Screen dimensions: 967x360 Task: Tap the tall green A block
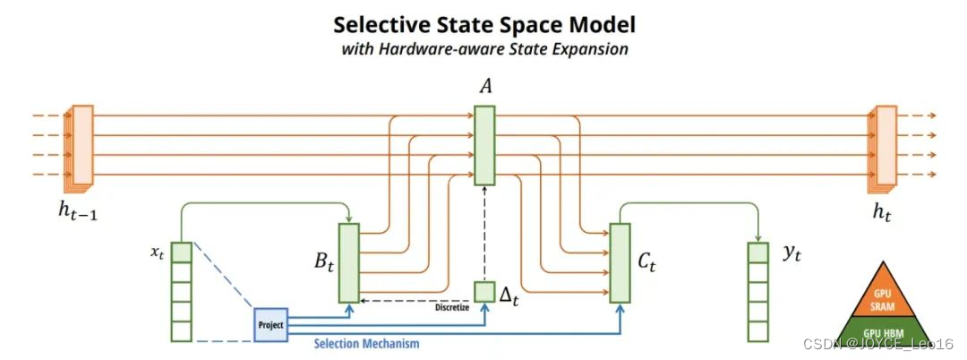point(483,145)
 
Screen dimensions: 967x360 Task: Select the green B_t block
point(348,262)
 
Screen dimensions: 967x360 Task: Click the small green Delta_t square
point(483,292)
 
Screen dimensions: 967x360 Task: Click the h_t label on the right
point(884,212)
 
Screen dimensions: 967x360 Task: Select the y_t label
point(791,253)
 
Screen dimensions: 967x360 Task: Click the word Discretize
point(452,308)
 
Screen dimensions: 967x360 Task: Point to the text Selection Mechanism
point(366,342)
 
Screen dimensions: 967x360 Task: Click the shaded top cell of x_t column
point(182,253)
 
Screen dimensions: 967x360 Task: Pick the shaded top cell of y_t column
point(757,253)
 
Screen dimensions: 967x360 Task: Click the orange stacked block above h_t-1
point(81,145)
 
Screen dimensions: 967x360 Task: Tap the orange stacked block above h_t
point(885,145)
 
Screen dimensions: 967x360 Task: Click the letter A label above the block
point(484,87)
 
